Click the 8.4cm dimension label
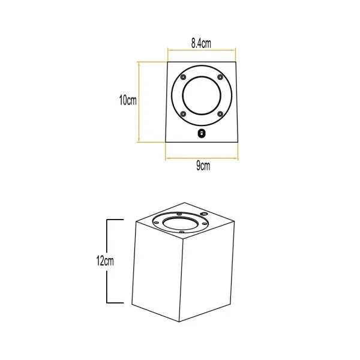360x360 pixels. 201,43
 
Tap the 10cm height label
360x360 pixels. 128,100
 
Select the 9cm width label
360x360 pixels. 203,166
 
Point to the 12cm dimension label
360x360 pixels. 105,261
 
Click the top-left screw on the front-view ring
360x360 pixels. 183,77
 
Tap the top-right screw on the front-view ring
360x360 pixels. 220,77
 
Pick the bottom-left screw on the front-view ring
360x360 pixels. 183,113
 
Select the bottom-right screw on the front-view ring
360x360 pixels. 220,113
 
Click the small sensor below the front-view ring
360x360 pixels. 202,134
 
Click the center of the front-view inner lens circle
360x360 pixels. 202,95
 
